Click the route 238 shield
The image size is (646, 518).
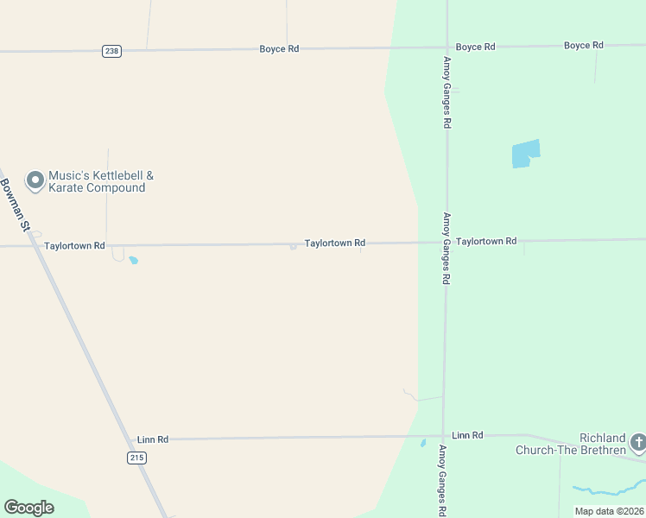coord(111,51)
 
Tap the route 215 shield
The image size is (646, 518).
coord(136,458)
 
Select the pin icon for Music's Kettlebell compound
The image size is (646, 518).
coord(35,180)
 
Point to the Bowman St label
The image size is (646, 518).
coord(16,205)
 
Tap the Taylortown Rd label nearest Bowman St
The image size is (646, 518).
coord(74,246)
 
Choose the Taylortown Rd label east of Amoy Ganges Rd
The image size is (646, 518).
coord(486,242)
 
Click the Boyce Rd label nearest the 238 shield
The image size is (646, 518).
coord(279,49)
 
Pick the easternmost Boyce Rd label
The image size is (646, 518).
coord(583,45)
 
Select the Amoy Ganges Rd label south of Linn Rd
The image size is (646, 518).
coord(443,481)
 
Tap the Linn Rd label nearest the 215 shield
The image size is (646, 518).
coord(153,439)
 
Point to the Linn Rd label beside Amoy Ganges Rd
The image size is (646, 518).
coord(467,435)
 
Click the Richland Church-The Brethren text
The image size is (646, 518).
coord(570,444)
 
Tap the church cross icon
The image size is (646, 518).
coord(638,444)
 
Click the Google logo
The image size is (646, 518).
coord(28,508)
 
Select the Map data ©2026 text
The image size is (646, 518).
coord(609,511)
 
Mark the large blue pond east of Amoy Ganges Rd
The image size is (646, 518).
coord(525,154)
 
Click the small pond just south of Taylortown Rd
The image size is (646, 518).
coord(133,260)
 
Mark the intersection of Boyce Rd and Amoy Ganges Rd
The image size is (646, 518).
coord(446,47)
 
